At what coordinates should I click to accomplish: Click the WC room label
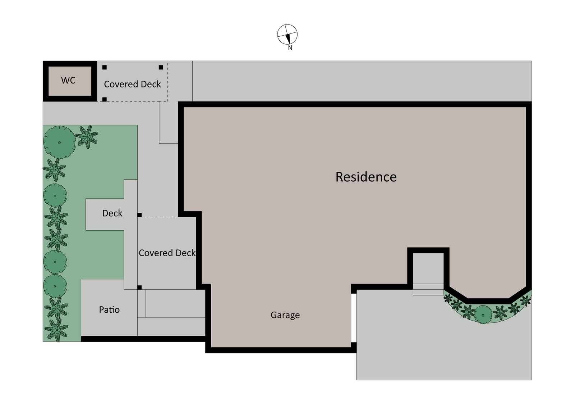click(x=68, y=80)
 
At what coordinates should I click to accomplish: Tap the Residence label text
click(x=366, y=177)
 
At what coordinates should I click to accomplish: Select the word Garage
click(x=285, y=315)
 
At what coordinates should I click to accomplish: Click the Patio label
click(x=109, y=310)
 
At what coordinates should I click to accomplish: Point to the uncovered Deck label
click(x=112, y=213)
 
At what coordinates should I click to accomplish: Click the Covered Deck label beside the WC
click(x=132, y=84)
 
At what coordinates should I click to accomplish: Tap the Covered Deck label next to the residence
click(x=167, y=253)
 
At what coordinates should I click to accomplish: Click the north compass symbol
click(x=287, y=35)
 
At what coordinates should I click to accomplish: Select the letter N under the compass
click(x=290, y=48)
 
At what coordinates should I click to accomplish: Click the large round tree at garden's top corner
click(x=59, y=142)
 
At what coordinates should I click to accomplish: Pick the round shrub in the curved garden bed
click(x=483, y=315)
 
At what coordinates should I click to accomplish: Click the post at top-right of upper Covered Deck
click(x=161, y=67)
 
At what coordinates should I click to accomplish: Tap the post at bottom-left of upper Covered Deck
click(x=105, y=99)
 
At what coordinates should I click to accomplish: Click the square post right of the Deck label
click(x=140, y=215)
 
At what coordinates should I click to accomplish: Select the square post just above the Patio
click(x=140, y=287)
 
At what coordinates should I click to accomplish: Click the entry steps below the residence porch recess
click(x=428, y=289)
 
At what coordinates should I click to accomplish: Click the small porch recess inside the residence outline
click(x=428, y=268)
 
